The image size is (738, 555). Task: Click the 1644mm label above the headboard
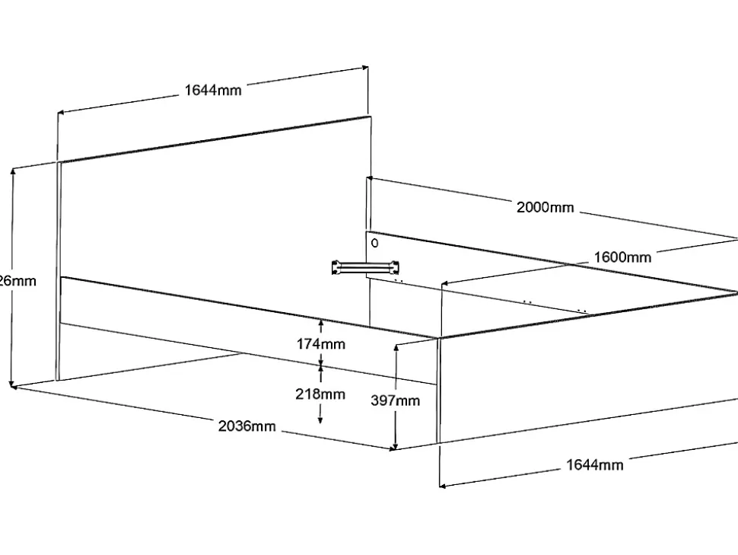[x=213, y=91]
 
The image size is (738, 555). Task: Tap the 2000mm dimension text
[x=545, y=207]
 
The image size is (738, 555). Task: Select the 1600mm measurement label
[x=622, y=257]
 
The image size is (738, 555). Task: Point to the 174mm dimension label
[x=320, y=344]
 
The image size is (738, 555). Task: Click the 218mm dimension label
[x=320, y=394]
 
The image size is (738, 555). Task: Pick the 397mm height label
[x=396, y=401]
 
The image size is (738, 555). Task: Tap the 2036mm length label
[x=247, y=426]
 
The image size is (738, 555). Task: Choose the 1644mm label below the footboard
[x=594, y=464]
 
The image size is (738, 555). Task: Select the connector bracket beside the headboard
[x=364, y=266]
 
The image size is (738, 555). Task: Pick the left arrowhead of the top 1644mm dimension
[x=61, y=114]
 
